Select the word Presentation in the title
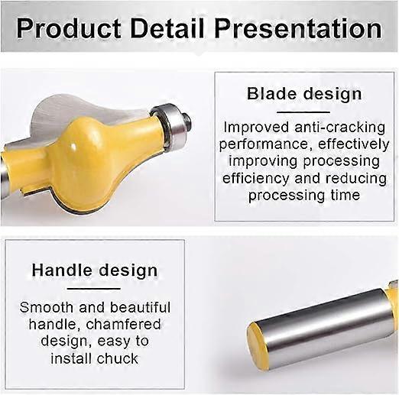(297, 29)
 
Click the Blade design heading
(303, 94)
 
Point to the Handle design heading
(95, 270)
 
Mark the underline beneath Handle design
(95, 288)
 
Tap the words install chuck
(95, 358)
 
